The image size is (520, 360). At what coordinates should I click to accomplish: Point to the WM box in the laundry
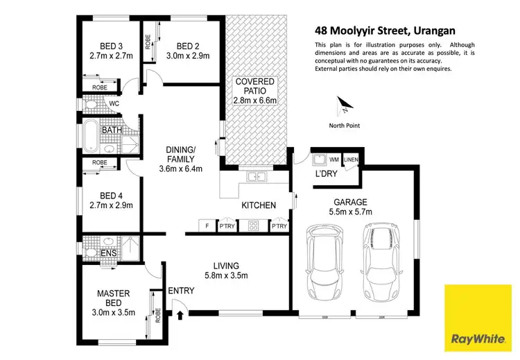tap(334, 159)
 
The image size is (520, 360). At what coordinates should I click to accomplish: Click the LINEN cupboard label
tap(351, 159)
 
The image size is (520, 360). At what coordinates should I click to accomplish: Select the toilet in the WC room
tap(90, 104)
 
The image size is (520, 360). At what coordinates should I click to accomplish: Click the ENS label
tap(109, 254)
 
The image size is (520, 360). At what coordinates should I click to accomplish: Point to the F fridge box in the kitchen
tap(206, 225)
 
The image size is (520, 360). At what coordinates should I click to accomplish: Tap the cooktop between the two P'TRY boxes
tap(254, 225)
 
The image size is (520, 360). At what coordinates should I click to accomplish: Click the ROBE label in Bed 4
tap(100, 162)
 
